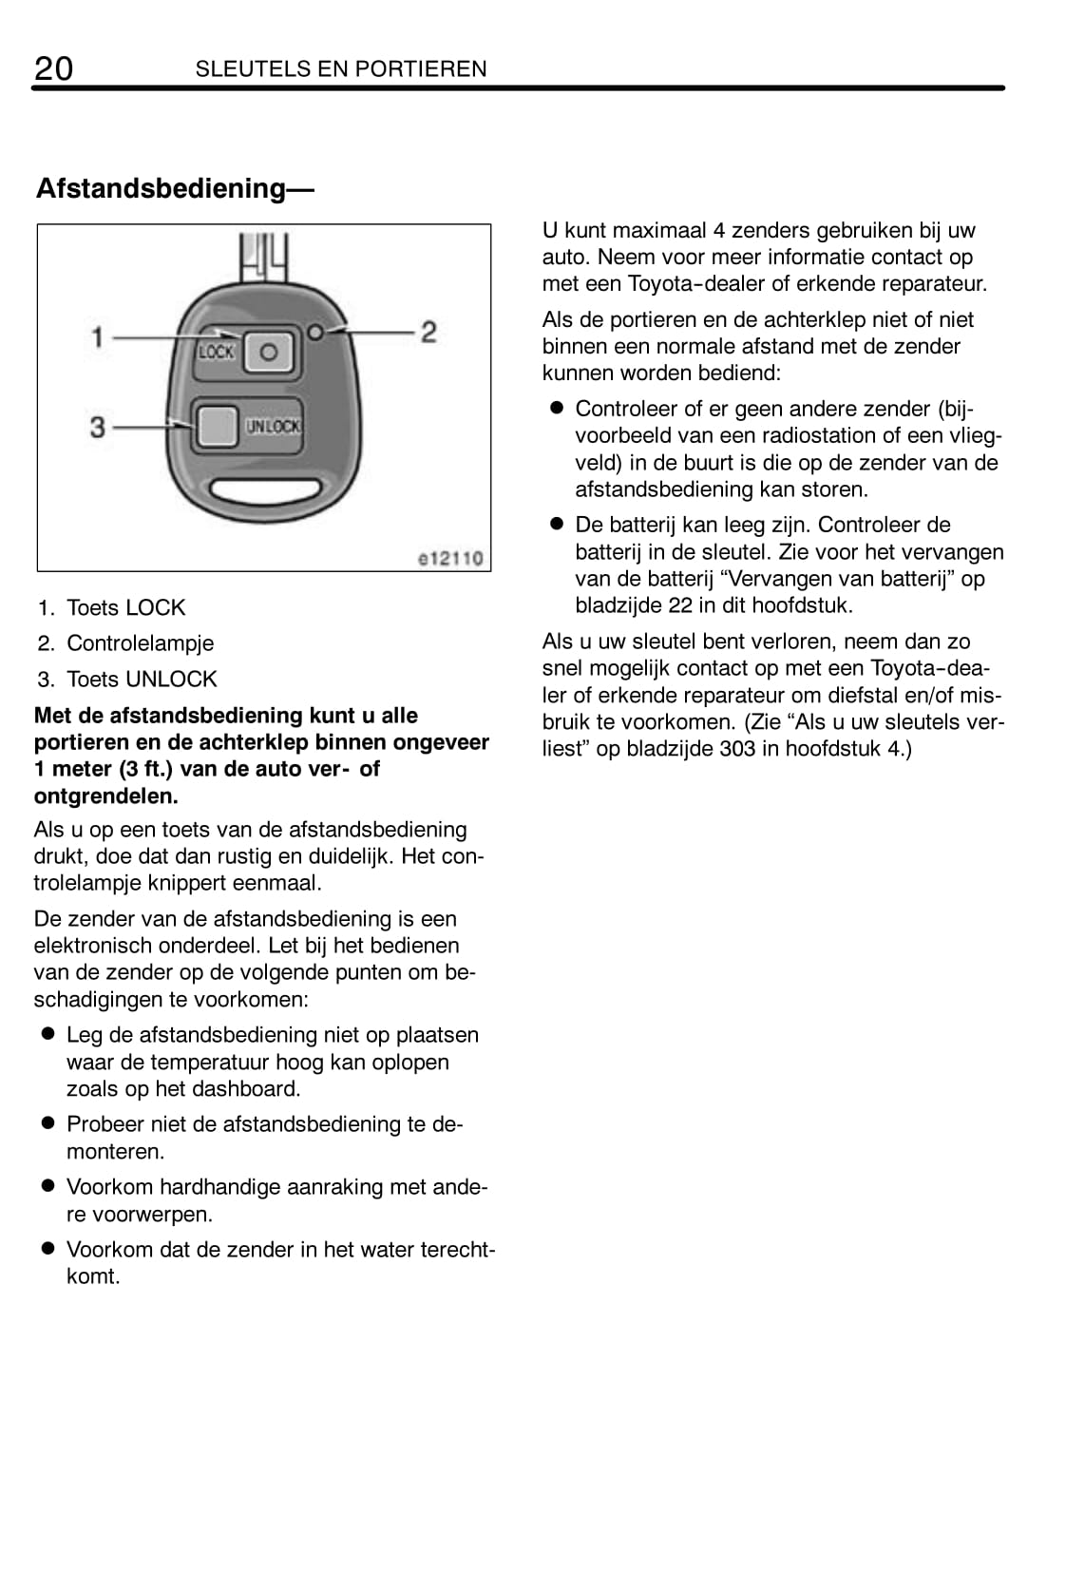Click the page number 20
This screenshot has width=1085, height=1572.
[x=53, y=68]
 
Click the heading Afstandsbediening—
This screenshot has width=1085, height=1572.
[x=175, y=188]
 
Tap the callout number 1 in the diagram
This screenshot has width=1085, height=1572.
[x=97, y=336]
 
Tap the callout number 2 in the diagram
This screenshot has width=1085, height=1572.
[x=428, y=332]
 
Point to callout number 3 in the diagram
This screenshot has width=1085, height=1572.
[x=97, y=427]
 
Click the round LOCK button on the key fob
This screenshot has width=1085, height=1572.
[x=269, y=353]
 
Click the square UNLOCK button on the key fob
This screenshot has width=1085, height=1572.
[x=216, y=426]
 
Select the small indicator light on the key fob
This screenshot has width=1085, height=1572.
[x=315, y=331]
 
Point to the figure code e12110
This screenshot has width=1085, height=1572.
[x=450, y=558]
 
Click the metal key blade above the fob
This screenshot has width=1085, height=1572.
[x=261, y=255]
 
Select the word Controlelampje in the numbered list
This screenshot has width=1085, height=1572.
[x=140, y=643]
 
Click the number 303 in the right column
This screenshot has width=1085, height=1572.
[x=737, y=749]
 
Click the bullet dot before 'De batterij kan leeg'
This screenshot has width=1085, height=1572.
[x=557, y=525]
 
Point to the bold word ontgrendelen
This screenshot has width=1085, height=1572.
[x=105, y=796]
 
